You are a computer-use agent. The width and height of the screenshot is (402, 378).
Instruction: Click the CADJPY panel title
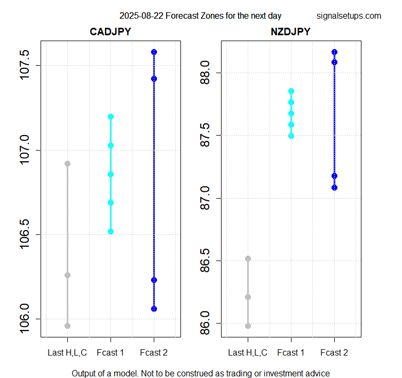110,32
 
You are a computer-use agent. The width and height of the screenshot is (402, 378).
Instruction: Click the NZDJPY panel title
290,32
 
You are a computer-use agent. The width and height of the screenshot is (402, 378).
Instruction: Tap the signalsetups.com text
349,16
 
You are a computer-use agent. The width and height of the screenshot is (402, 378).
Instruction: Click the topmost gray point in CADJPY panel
67,163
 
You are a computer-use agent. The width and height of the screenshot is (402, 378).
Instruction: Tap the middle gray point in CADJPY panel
67,275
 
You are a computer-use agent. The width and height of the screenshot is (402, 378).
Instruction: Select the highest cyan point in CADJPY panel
111,116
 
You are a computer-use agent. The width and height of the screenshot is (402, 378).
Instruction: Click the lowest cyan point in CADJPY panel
111,231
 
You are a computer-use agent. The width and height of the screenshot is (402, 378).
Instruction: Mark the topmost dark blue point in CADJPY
154,52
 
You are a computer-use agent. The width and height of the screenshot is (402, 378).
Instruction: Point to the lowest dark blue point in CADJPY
154,309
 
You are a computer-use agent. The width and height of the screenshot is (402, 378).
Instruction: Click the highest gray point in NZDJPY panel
248,258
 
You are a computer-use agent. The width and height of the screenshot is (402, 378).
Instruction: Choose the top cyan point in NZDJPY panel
291,91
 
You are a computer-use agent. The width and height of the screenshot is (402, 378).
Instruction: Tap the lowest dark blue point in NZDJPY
334,187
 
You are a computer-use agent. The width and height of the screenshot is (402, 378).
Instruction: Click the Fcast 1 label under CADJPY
111,352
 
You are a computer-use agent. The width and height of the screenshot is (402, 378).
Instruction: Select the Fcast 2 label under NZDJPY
334,352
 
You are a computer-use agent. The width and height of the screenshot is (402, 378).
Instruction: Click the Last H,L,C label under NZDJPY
248,352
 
